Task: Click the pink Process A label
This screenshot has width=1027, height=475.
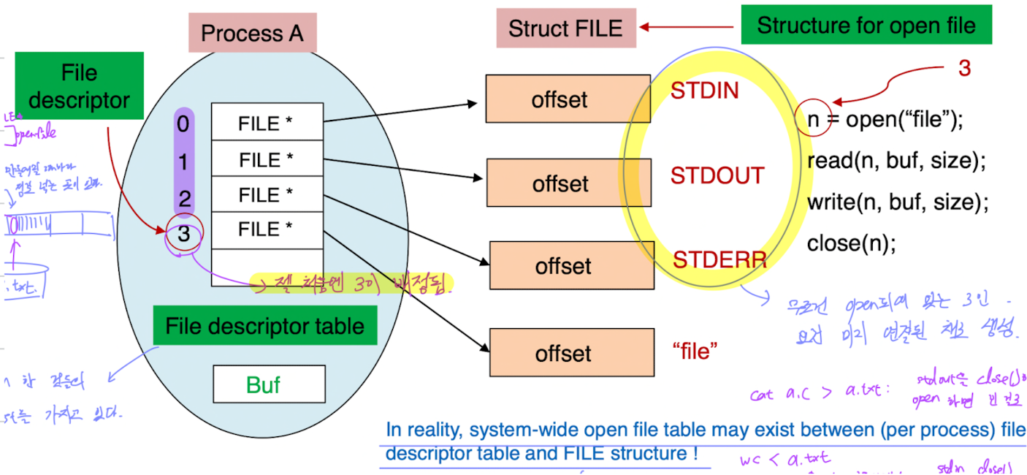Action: pos(252,33)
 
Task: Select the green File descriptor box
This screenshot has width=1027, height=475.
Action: pos(79,86)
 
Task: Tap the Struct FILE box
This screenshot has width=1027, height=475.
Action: pos(565,28)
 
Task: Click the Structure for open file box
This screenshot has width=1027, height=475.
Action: pos(866,26)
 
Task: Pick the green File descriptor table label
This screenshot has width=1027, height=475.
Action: pos(264,325)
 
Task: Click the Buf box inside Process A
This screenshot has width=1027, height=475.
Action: pos(268,384)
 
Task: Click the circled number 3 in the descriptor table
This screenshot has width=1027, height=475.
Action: pos(183,234)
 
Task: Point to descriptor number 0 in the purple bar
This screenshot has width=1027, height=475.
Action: pos(183,124)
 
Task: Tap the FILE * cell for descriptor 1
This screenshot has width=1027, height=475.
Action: pos(267,159)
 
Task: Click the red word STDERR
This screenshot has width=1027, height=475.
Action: pos(719,259)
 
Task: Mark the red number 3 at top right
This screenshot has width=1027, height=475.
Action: pos(964,69)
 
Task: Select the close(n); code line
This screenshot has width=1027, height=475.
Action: pos(850,243)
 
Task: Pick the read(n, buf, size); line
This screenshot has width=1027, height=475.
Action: pos(896,161)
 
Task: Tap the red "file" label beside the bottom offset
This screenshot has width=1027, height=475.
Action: pos(695,351)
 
